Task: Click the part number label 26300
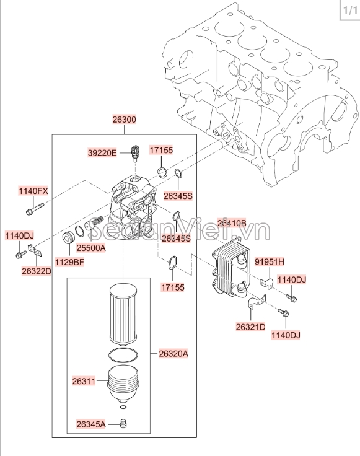coord(124,119)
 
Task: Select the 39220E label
coord(102,152)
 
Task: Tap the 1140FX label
coord(33,191)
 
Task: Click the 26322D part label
coord(37,271)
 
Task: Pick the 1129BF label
coord(69,262)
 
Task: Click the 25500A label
coord(91,248)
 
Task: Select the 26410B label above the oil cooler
coord(232,223)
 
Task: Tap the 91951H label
coord(270,261)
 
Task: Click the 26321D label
coord(251,327)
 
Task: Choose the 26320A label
coord(173,354)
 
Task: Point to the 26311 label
coord(84,381)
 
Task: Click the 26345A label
coord(91,424)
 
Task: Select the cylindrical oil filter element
coord(123,315)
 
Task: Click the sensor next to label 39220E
coord(134,152)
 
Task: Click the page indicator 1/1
coord(350,11)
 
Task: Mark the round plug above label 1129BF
coord(69,237)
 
